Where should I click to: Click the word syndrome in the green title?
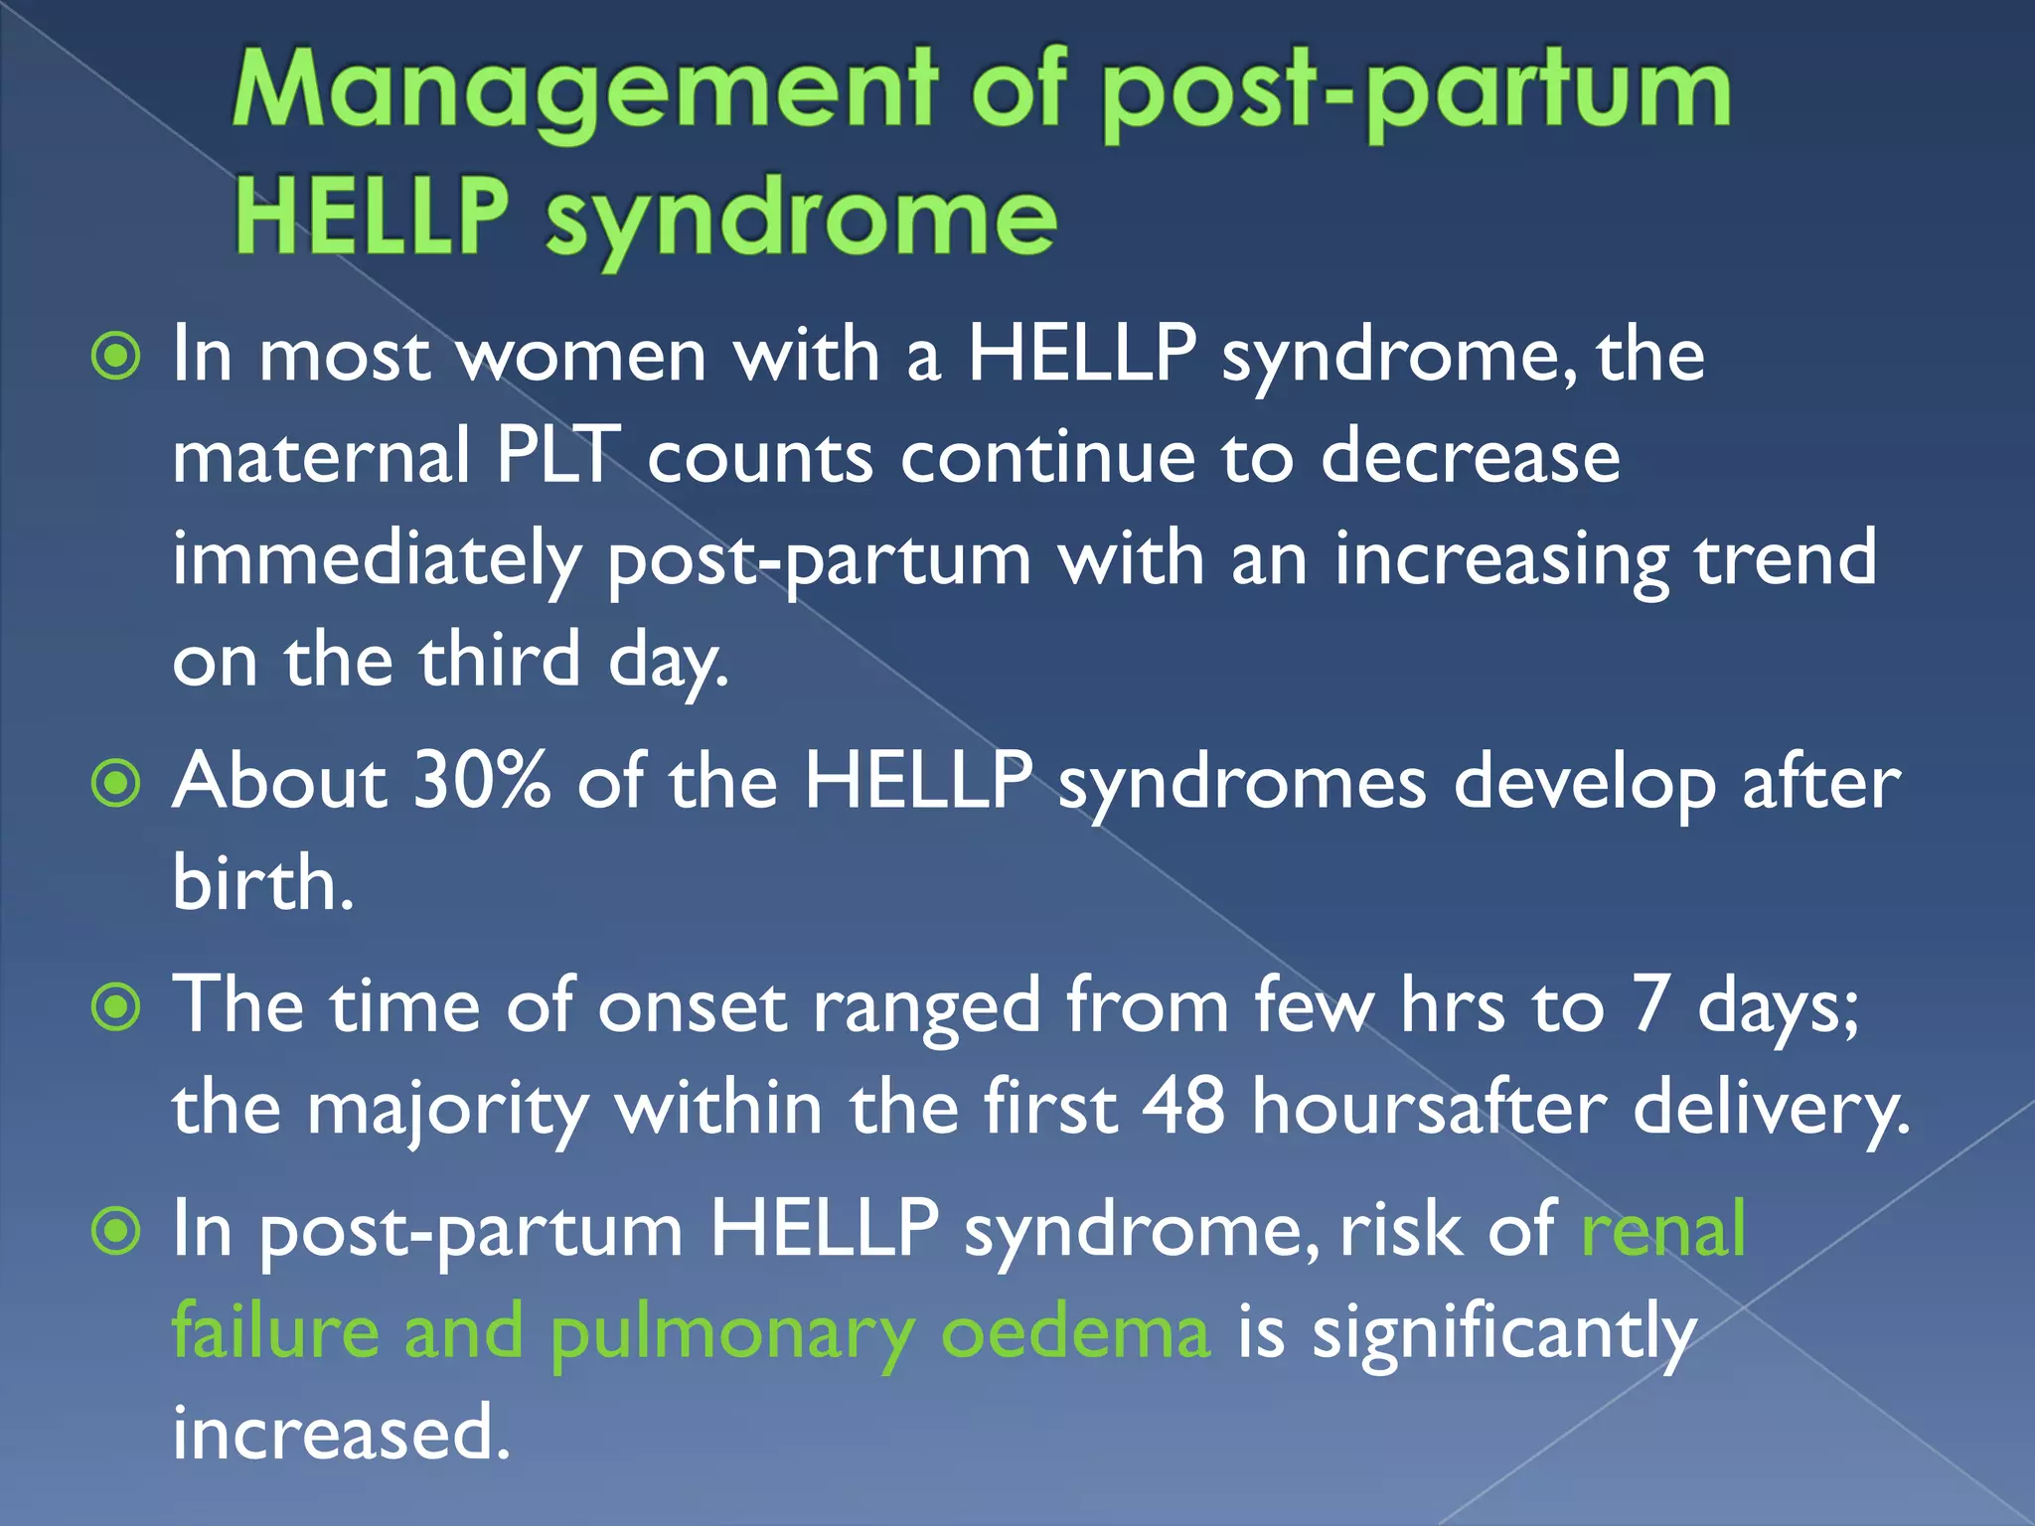pyautogui.click(x=801, y=219)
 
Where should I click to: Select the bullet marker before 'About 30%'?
pyautogui.click(x=116, y=784)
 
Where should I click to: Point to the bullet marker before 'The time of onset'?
pyautogui.click(x=116, y=1008)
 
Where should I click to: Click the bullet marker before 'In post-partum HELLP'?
pyautogui.click(x=116, y=1232)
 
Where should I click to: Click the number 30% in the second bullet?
pyautogui.click(x=481, y=782)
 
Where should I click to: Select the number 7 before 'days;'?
pyautogui.click(x=1650, y=1004)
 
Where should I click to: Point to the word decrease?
pyautogui.click(x=1470, y=456)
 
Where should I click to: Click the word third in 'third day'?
pyautogui.click(x=499, y=661)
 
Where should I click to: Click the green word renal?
pyautogui.click(x=1662, y=1230)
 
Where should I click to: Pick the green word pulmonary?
pyautogui.click(x=731, y=1334)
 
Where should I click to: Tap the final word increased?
pyautogui.click(x=341, y=1433)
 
